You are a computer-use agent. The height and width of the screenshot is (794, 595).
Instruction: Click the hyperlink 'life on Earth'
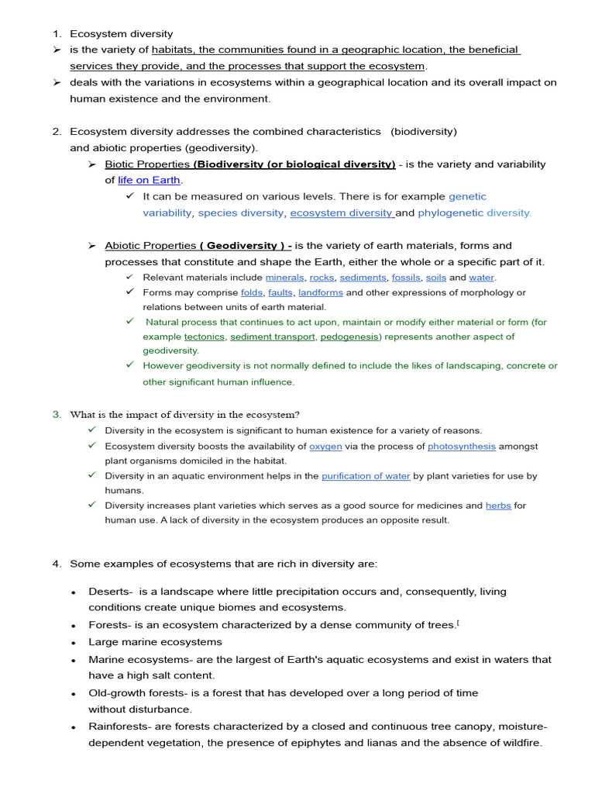click(149, 180)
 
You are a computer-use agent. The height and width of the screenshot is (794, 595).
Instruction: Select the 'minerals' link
click(284, 277)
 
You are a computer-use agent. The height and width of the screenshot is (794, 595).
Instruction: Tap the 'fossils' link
click(405, 277)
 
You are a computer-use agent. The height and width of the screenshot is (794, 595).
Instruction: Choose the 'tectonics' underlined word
click(205, 337)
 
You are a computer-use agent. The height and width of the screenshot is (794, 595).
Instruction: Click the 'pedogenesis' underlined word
click(349, 337)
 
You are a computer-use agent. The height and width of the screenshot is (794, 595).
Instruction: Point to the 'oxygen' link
click(325, 446)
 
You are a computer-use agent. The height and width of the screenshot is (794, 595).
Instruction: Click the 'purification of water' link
click(366, 475)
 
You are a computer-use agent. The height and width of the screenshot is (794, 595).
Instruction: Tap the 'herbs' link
click(498, 506)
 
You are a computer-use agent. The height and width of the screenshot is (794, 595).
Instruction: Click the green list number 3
click(57, 414)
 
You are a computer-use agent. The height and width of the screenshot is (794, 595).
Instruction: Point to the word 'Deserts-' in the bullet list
click(109, 592)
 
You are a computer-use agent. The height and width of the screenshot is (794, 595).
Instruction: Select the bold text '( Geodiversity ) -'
click(246, 246)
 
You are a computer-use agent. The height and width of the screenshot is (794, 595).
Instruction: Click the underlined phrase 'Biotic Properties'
click(147, 164)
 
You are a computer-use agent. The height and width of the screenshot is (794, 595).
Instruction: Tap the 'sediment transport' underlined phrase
click(273, 337)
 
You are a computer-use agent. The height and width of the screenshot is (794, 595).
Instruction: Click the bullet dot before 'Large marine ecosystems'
click(73, 643)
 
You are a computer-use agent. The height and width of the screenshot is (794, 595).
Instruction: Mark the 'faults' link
click(280, 292)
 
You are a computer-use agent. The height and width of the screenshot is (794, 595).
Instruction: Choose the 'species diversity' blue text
click(241, 212)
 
